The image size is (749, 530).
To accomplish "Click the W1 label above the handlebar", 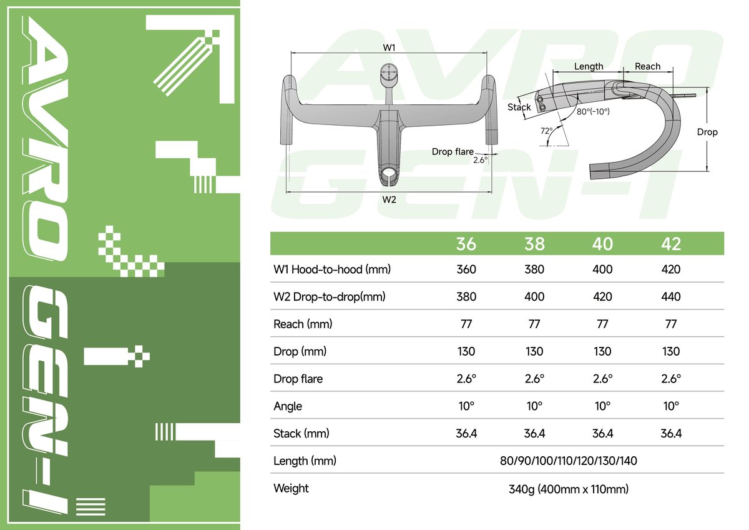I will tap(389, 47).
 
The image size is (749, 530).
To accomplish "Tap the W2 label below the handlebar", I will tap(389, 199).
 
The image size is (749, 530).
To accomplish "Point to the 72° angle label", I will tap(546, 131).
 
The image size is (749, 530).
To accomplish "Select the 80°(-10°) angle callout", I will tap(593, 111).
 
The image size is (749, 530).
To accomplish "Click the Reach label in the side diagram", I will tap(647, 66).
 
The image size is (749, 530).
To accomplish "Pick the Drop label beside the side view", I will tap(707, 132).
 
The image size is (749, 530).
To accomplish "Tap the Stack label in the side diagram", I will tap(519, 107).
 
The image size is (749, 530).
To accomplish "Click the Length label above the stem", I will tap(588, 66).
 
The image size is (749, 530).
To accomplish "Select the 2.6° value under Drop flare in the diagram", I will tap(481, 160).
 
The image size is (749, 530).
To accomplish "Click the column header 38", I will tap(534, 243).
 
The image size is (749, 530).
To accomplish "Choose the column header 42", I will tap(671, 243).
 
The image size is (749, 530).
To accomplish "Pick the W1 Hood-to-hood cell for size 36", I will tap(466, 269).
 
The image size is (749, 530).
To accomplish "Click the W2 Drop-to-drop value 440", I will tap(671, 297).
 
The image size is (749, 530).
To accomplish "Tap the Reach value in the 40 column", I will tap(602, 324).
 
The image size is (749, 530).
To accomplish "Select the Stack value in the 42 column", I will tap(671, 433).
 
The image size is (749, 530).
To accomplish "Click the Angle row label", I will tap(288, 406).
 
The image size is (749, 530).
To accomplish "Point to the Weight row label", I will tap(291, 488).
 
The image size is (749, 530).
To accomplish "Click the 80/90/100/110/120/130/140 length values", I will tap(569, 461).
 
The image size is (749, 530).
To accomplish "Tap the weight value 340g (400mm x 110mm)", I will tap(569, 488).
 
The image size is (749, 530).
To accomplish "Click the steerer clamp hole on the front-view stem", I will tap(389, 171).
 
